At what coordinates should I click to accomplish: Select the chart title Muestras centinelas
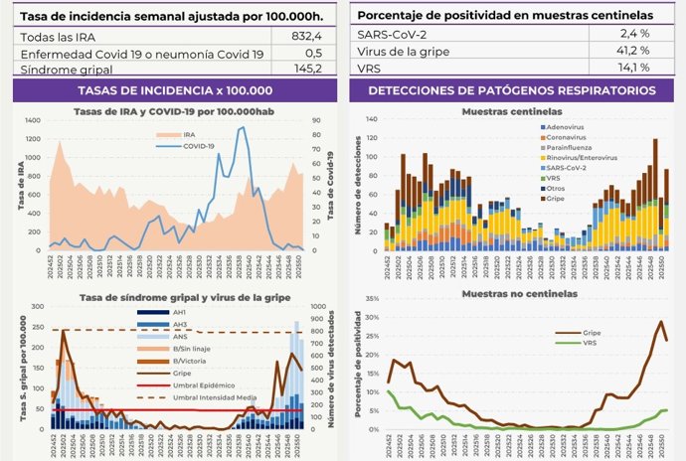[x=511, y=111]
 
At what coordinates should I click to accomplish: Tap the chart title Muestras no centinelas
[x=511, y=295]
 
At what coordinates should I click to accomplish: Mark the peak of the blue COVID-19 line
[x=242, y=127]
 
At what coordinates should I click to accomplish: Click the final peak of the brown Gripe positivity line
[x=661, y=321]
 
